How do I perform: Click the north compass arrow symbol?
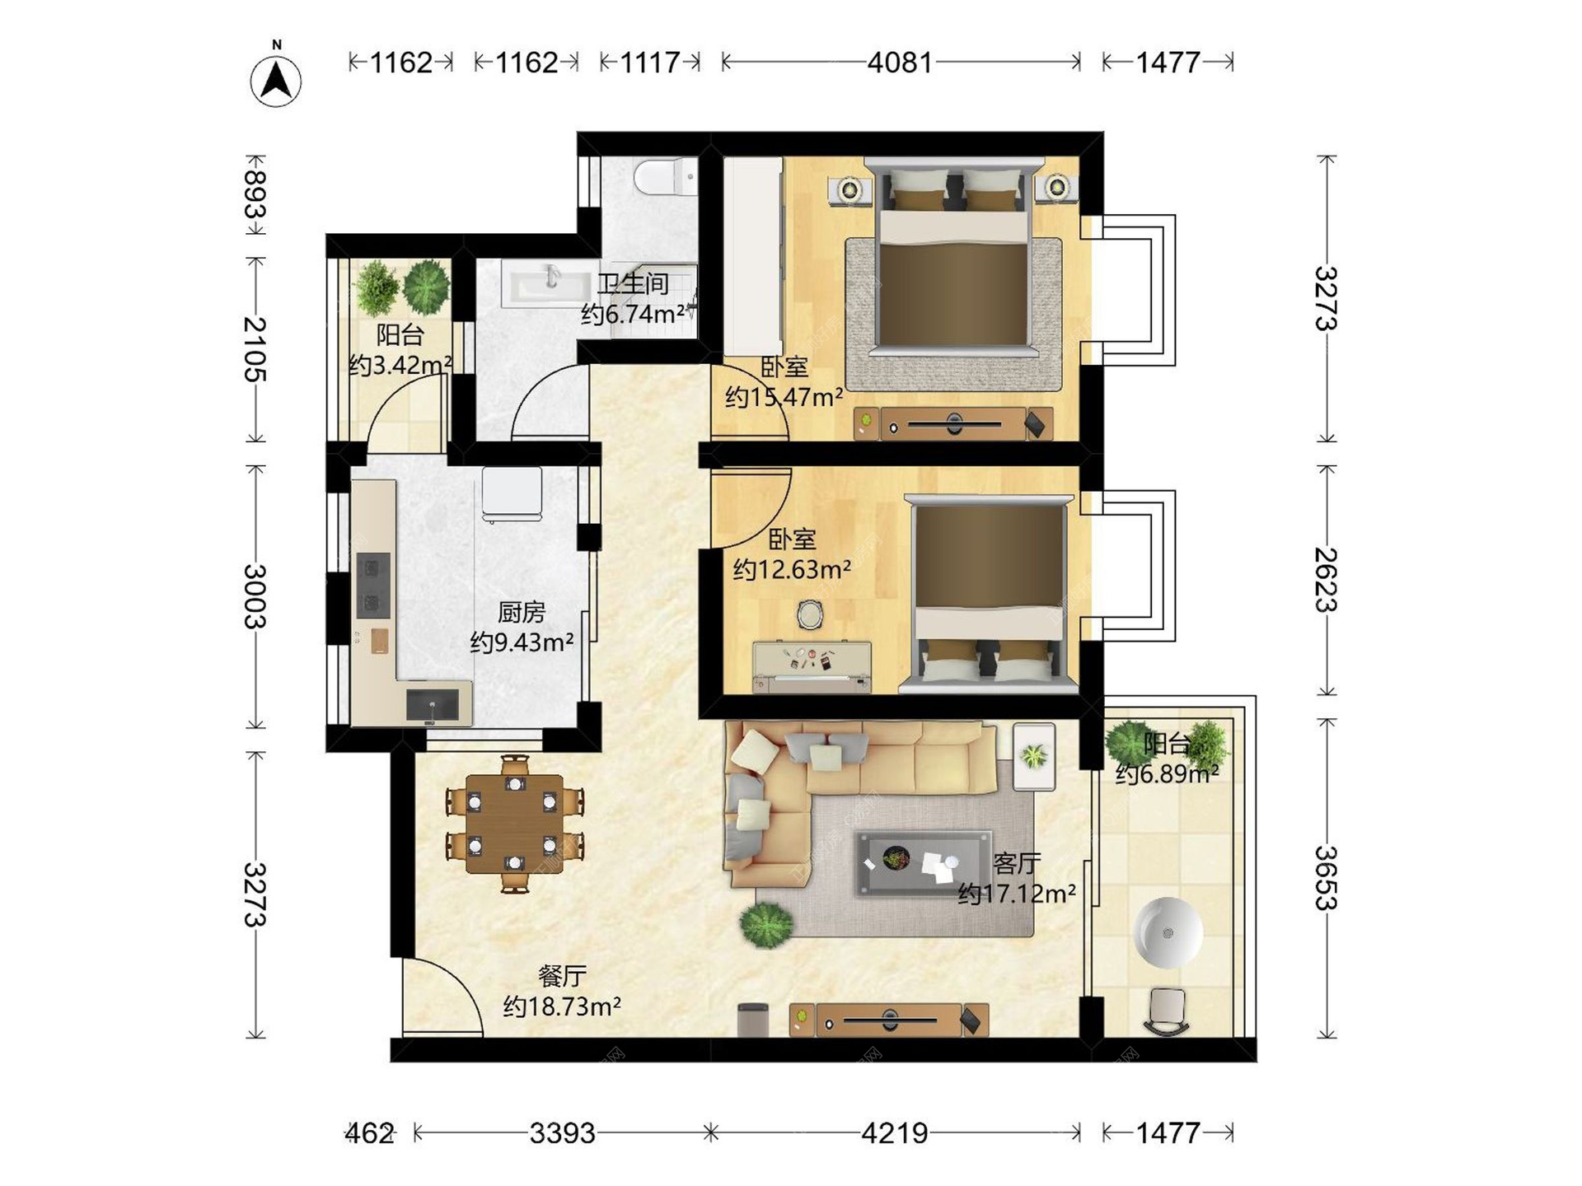[x=276, y=80]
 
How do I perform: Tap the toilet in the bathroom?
[x=665, y=175]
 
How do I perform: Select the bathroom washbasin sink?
[x=548, y=283]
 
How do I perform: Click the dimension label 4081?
[x=900, y=63]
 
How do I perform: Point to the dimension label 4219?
[x=895, y=1133]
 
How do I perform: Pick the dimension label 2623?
[x=1326, y=580]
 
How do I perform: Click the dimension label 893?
[x=255, y=194]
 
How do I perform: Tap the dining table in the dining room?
[x=515, y=824]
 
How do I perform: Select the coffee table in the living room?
[x=924, y=862]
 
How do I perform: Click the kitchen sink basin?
[x=433, y=705]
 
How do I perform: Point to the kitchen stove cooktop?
[x=372, y=586]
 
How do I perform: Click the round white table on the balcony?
[x=1168, y=932]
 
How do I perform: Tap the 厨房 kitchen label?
[x=522, y=612]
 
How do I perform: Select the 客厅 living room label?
[x=1017, y=863]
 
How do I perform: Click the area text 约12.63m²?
[x=792, y=569]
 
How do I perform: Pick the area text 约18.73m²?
[x=562, y=1006]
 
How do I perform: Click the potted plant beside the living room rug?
[x=766, y=925]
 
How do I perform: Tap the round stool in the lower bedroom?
[x=810, y=614]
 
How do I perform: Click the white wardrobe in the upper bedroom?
[x=752, y=257]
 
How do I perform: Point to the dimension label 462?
[x=369, y=1133]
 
